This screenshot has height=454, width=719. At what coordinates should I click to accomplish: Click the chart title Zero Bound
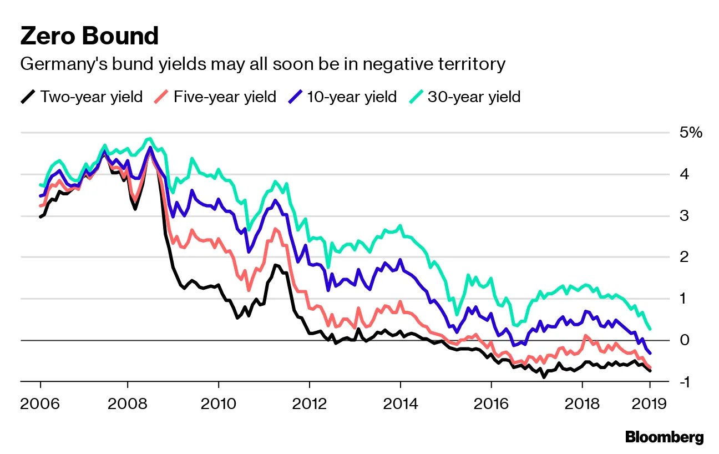click(x=89, y=36)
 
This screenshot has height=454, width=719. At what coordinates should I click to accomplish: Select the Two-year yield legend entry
click(x=82, y=97)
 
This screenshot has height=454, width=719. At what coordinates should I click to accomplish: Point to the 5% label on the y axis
click(x=691, y=133)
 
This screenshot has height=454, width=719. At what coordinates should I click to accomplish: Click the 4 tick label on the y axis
click(x=685, y=174)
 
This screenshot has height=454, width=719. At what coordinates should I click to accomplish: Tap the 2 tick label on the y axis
click(x=685, y=257)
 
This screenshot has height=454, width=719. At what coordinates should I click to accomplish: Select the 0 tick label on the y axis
click(x=685, y=340)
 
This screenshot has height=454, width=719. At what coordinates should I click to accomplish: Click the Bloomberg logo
click(x=664, y=437)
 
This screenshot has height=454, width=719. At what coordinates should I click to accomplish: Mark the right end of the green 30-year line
click(x=650, y=329)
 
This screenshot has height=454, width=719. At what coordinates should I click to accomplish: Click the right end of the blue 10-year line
click(x=650, y=354)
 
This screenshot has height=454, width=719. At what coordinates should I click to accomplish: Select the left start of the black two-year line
click(x=40, y=217)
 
